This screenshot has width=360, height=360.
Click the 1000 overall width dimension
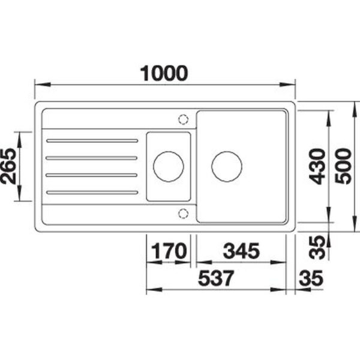(164, 73)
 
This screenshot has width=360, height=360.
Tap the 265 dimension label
(8, 166)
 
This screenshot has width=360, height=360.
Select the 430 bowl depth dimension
(317, 166)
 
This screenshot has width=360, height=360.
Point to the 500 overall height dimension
(343, 166)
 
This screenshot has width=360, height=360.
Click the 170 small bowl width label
(169, 251)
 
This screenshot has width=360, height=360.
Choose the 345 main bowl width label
(241, 251)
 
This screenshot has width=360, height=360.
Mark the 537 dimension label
(216, 278)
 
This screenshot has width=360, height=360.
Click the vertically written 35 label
(317, 248)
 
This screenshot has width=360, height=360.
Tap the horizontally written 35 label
(311, 278)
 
